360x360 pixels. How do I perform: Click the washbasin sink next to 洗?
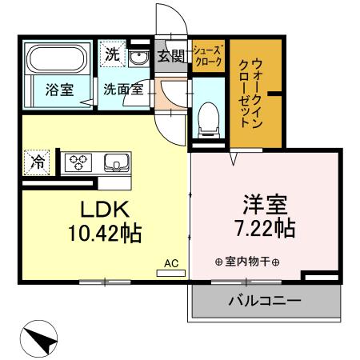point(138,58)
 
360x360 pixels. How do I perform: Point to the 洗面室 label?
point(123,90)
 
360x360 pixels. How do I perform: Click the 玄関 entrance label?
point(170,56)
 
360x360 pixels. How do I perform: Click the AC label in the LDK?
point(170,262)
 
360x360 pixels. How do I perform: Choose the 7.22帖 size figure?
point(258,228)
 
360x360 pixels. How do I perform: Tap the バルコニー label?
point(264,302)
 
